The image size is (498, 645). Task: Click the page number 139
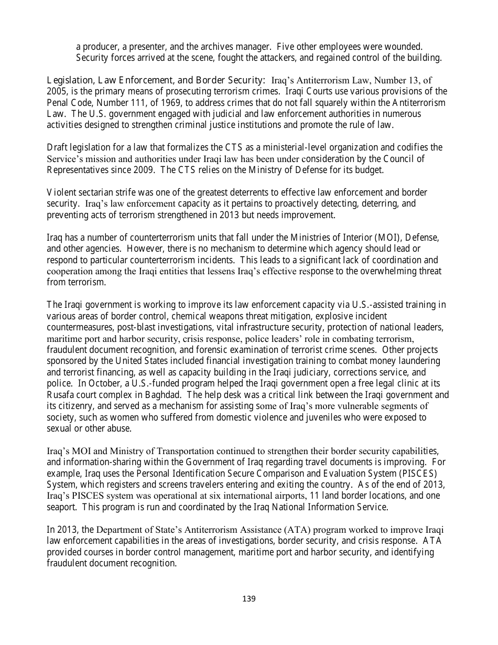(249, 599)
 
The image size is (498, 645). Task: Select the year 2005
(57, 91)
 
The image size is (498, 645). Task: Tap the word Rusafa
(62, 394)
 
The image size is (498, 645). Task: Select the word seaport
(62, 507)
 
